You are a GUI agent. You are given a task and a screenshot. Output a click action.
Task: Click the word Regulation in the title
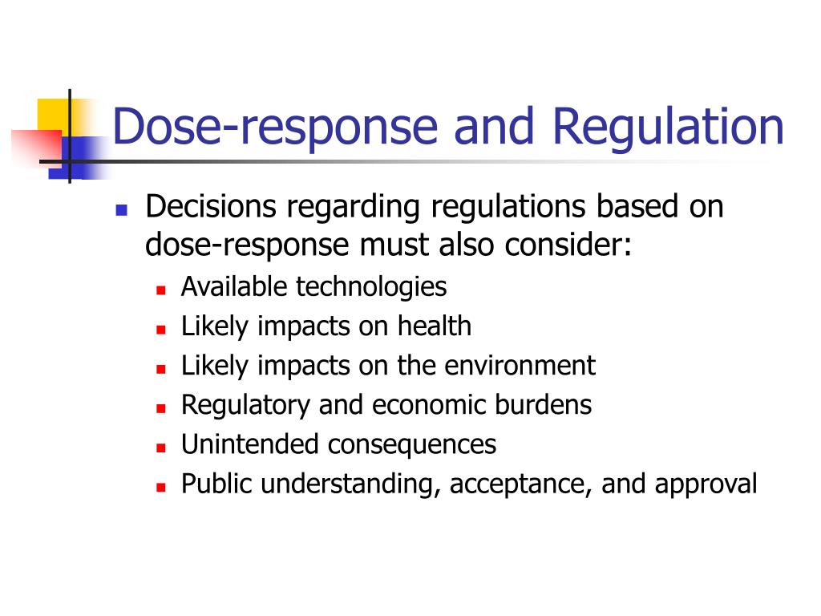668,128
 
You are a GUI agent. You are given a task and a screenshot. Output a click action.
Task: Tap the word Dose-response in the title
275,128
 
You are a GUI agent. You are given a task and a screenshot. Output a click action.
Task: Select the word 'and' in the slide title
494,126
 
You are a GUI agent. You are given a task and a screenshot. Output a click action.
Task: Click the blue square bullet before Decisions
122,211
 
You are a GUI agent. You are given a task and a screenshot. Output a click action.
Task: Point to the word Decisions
211,206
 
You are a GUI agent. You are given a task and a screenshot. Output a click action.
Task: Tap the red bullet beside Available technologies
160,290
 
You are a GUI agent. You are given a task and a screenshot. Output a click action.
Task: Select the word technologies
371,288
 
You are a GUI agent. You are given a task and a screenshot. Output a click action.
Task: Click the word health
434,326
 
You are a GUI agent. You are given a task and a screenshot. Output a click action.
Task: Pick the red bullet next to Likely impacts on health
160,330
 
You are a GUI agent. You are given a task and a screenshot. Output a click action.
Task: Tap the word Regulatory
245,405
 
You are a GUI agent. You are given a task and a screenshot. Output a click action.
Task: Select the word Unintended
250,444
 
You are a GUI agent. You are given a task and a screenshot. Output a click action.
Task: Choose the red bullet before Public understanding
160,487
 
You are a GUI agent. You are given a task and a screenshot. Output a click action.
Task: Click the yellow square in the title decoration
54,116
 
